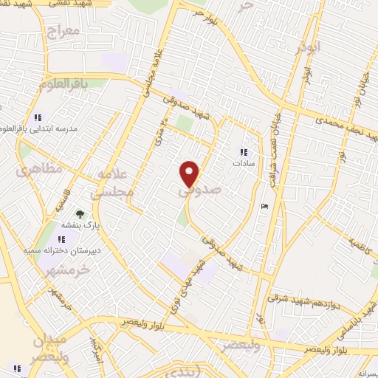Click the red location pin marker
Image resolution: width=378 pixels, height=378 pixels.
pyautogui.click(x=190, y=173)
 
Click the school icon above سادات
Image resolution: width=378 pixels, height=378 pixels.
pyautogui.click(x=241, y=152)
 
